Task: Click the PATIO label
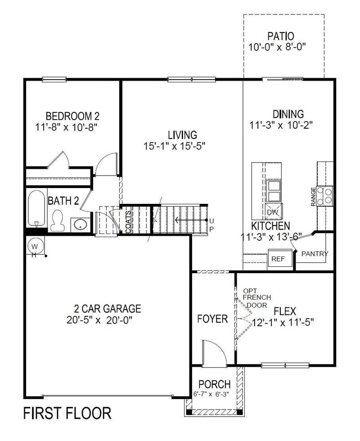280,36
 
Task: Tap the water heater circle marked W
35,246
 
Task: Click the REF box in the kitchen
278,259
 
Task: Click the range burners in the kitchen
325,195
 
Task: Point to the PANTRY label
315,254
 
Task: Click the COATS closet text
128,222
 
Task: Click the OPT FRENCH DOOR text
257,298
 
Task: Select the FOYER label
212,319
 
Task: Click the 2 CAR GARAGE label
108,309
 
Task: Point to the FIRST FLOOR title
67,412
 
